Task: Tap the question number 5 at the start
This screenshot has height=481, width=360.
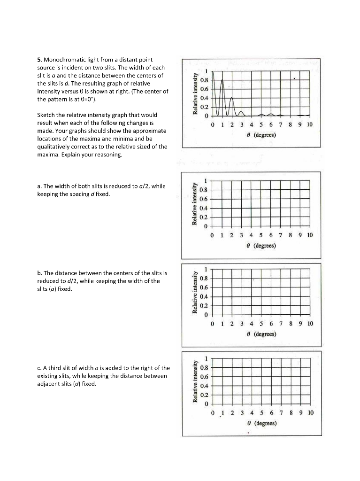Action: (x=39, y=60)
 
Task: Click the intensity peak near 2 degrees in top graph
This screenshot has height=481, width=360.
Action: (x=232, y=98)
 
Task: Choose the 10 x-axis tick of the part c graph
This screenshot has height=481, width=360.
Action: (x=310, y=413)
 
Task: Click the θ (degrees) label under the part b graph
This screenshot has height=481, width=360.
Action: (x=265, y=334)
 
